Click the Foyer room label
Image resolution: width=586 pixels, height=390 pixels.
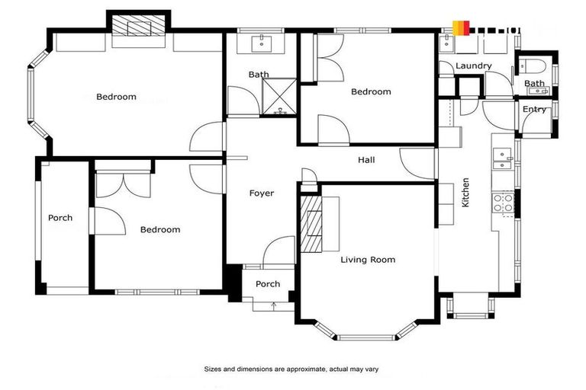[261, 193]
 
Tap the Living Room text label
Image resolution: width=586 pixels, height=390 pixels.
[368, 260]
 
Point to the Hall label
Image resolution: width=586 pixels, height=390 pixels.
[366, 161]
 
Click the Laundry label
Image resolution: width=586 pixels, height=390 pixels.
[473, 66]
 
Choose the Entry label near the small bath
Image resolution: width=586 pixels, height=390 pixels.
[534, 110]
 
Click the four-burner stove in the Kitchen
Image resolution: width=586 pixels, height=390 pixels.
[503, 203]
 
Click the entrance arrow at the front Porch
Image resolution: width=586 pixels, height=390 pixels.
[273, 305]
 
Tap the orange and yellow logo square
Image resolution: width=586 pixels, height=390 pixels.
[461, 28]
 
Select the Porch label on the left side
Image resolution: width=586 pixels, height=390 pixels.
[60, 218]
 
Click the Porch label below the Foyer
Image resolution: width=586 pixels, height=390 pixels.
[267, 284]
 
